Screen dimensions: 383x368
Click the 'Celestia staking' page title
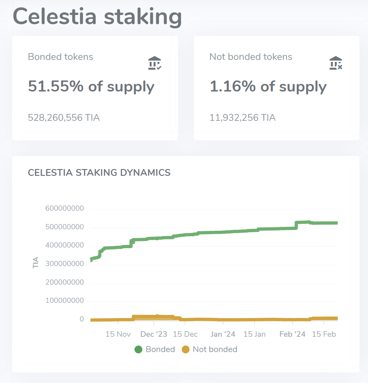[97, 17]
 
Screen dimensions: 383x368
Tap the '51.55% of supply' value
[91, 87]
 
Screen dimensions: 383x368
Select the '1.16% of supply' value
[268, 87]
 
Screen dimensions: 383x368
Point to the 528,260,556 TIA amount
[64, 118]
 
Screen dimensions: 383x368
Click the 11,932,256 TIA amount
[243, 118]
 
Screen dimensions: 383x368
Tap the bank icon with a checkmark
[155, 63]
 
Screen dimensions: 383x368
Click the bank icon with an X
[336, 63]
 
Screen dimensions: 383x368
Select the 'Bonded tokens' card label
[61, 57]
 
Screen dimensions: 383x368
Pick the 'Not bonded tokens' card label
[251, 57]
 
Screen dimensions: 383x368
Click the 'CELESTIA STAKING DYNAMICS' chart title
[99, 173]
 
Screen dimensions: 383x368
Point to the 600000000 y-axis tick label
[64, 208]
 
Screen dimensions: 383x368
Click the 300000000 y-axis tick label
[64, 264]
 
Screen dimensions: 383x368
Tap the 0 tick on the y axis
[82, 319]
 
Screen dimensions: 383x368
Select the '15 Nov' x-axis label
[118, 334]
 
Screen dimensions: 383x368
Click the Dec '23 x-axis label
[154, 334]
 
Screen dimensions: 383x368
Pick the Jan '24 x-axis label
[223, 334]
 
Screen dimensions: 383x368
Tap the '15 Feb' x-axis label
[324, 334]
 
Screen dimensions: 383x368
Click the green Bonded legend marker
[138, 349]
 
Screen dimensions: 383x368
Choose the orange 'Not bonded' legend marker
[186, 349]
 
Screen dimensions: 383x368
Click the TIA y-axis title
[36, 262]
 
